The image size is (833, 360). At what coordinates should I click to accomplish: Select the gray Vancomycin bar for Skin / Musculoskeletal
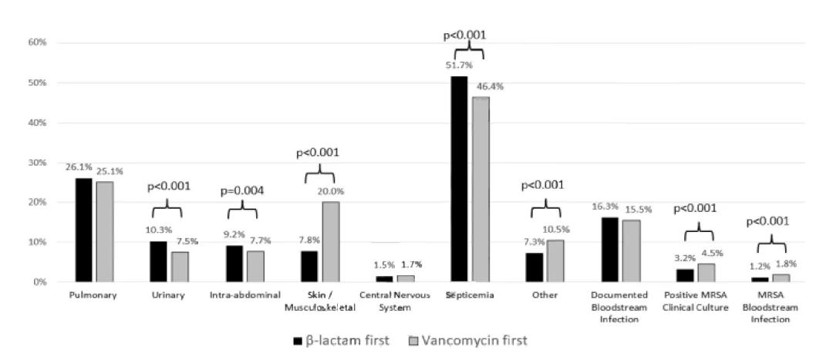tap(331, 242)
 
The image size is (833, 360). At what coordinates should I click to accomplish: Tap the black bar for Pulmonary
tap(83, 230)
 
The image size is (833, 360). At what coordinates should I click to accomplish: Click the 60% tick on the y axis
tap(39, 43)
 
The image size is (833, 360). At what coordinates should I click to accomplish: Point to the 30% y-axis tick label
tap(39, 163)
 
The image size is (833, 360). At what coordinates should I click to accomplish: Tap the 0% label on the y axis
tap(41, 282)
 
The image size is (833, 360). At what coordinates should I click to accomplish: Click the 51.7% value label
tap(458, 66)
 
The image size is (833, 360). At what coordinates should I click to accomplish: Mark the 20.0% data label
tap(335, 191)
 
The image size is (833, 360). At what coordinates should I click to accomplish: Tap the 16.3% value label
tap(605, 207)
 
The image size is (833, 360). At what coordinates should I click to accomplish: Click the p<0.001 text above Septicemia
tap(464, 35)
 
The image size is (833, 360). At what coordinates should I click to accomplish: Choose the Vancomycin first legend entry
tap(470, 339)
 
